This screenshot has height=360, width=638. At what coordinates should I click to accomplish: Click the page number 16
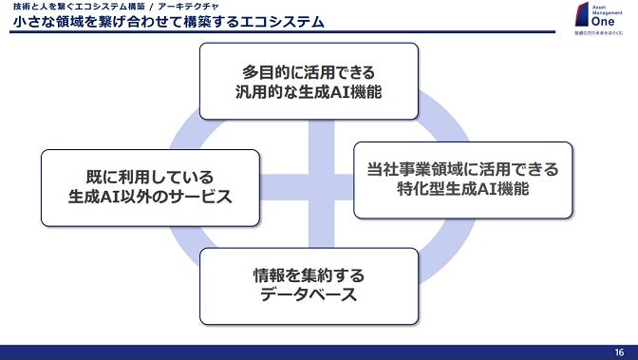pos(619,351)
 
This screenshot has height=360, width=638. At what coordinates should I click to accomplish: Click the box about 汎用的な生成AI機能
pos(309,81)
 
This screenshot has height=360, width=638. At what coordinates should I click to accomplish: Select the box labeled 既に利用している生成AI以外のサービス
pos(150,187)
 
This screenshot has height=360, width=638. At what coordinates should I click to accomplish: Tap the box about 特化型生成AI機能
pos(463,180)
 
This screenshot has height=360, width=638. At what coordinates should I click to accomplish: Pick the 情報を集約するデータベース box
pos(309,286)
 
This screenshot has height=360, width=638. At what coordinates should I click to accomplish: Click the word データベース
pos(309,296)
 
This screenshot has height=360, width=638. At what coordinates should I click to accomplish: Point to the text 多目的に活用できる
pos(309,70)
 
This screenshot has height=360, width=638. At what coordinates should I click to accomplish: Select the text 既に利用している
pos(150,177)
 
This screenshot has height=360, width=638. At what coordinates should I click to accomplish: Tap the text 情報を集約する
pos(309,275)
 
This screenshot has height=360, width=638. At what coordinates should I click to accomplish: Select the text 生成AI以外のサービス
pos(150,198)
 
